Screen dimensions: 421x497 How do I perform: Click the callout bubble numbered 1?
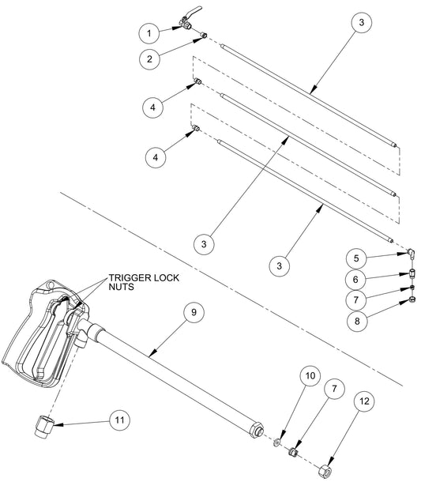[x=149, y=33]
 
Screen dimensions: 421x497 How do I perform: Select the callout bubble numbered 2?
[x=149, y=58]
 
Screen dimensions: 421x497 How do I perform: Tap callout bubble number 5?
[x=356, y=258]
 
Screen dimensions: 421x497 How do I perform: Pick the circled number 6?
[x=355, y=279]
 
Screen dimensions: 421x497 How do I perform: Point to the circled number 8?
[x=357, y=321]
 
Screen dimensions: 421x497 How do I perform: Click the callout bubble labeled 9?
[x=194, y=312]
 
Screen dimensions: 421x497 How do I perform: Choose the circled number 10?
[x=310, y=375]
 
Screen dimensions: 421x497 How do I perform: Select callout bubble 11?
[x=119, y=420]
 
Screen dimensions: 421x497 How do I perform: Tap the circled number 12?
[x=364, y=401]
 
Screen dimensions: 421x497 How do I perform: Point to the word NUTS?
[x=122, y=287]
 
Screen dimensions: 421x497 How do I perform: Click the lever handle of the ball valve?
[x=194, y=11]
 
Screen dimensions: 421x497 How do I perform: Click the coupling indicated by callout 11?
[x=43, y=426]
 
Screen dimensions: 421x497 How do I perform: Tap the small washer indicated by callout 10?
[x=276, y=442]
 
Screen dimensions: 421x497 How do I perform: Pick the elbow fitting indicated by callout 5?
[x=412, y=254]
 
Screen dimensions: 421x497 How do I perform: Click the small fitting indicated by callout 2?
[x=204, y=36]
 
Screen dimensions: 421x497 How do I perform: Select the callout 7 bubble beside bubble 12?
[x=334, y=389]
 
